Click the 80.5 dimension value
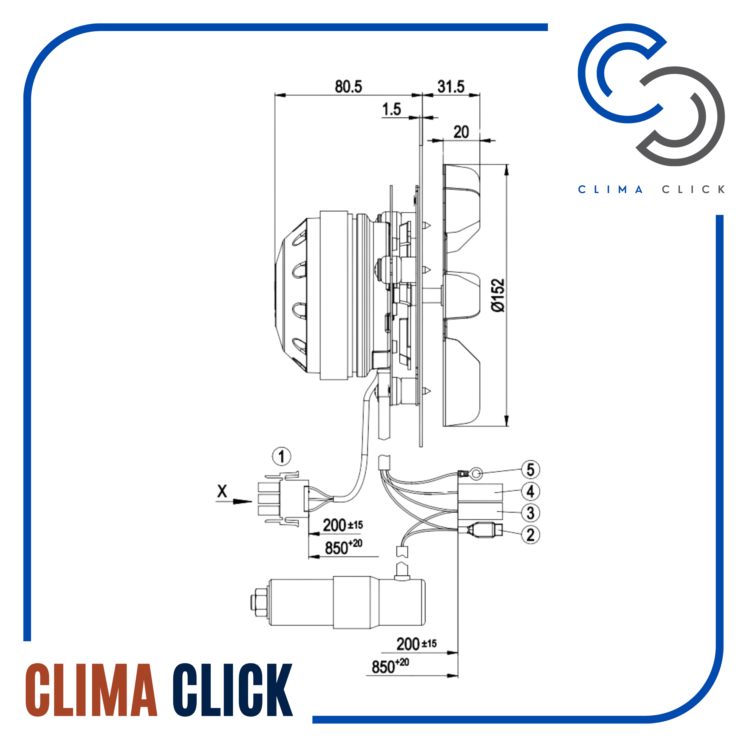348,87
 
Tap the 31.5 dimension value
451,87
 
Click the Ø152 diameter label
498,295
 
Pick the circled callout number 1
282,457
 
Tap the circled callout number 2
530,535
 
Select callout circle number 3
530,513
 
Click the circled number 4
530,491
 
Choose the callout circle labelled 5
530,470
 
